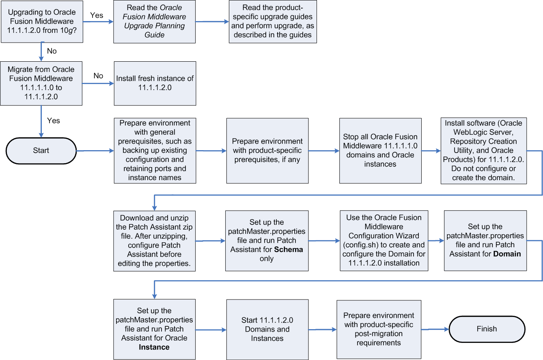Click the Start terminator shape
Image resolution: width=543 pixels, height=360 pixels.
click(x=41, y=151)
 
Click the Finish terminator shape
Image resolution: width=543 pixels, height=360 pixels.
click(x=487, y=329)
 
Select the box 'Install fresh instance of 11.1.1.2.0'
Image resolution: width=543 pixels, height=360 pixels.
click(x=155, y=83)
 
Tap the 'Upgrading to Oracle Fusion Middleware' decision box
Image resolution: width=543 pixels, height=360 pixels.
click(x=42, y=22)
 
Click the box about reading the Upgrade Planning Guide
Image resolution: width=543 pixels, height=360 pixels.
click(x=154, y=22)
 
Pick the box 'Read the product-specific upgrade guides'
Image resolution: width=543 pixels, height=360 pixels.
click(x=272, y=22)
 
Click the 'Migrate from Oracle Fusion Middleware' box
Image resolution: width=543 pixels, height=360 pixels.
click(x=41, y=83)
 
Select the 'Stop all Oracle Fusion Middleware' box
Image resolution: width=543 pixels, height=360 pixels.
click(x=380, y=151)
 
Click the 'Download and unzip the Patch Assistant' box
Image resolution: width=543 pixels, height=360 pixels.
click(x=154, y=241)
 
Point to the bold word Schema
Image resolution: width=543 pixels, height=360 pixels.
click(x=289, y=250)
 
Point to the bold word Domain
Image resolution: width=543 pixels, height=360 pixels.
click(x=507, y=254)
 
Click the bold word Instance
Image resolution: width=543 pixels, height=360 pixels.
click(x=154, y=347)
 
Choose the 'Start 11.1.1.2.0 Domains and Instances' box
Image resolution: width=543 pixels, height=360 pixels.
click(x=267, y=329)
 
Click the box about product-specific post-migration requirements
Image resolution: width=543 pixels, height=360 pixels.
click(x=379, y=329)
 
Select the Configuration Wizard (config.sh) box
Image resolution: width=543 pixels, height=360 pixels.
click(x=384, y=241)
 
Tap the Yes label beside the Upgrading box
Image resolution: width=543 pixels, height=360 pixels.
click(x=96, y=15)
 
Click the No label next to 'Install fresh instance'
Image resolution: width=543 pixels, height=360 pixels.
click(x=98, y=76)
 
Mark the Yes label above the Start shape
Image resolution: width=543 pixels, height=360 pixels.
click(x=54, y=121)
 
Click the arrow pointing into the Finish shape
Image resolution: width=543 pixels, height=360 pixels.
click(x=435, y=329)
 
